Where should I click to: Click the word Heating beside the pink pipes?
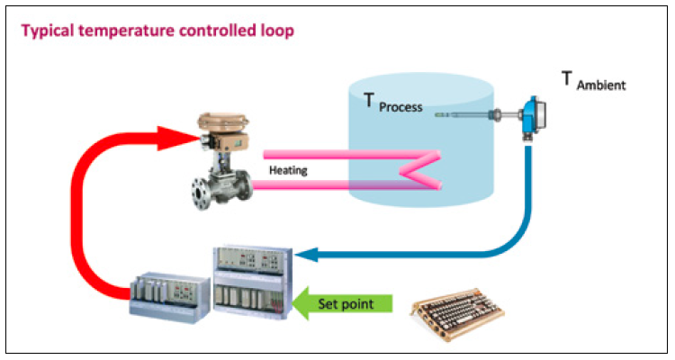[287, 167]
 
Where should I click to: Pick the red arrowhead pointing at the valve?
[181, 138]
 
